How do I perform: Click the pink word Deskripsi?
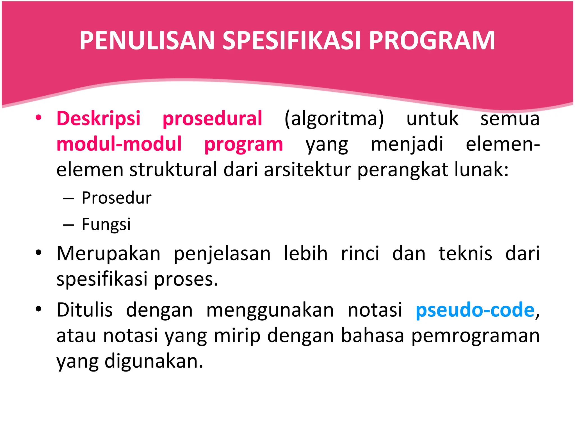pyautogui.click(x=98, y=118)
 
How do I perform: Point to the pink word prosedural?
pyautogui.click(x=212, y=118)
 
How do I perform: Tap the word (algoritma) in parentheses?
pyautogui.click(x=334, y=118)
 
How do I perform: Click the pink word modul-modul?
pyautogui.click(x=119, y=144)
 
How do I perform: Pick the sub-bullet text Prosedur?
pyautogui.click(x=117, y=198)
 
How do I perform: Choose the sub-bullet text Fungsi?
pyautogui.click(x=106, y=224)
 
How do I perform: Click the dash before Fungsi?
pyautogui.click(x=69, y=225)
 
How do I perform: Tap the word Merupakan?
pyautogui.click(x=108, y=253)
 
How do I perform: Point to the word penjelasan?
pyautogui.click(x=222, y=253)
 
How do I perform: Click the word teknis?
pyautogui.click(x=465, y=253)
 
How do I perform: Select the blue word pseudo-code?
pyautogui.click(x=475, y=310)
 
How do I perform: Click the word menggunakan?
pyautogui.click(x=270, y=310)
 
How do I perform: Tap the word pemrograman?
pyautogui.click(x=475, y=336)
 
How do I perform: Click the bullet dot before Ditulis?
pyautogui.click(x=38, y=309)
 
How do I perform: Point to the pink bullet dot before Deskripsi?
pyautogui.click(x=38, y=118)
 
